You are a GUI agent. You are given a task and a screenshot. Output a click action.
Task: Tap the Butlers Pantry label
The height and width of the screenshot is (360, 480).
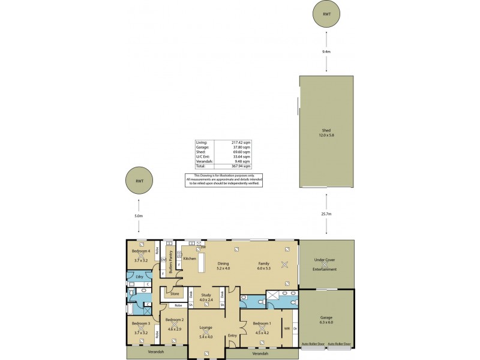(x=170, y=261)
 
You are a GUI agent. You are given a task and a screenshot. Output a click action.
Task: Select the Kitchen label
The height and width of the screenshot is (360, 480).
(x=190, y=259)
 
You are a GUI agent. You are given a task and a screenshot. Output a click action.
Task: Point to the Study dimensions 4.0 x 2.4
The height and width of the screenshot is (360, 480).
(x=206, y=300)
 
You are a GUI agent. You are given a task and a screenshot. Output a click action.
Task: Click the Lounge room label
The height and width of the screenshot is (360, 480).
(x=206, y=328)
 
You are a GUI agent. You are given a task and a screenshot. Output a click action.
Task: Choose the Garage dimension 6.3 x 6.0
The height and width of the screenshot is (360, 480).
(x=326, y=323)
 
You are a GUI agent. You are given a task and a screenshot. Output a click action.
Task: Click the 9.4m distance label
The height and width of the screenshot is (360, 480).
(x=326, y=52)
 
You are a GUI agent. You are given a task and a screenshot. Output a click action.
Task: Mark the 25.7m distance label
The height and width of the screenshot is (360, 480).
(x=326, y=214)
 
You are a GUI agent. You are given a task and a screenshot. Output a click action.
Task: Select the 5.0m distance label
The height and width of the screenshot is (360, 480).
(x=139, y=215)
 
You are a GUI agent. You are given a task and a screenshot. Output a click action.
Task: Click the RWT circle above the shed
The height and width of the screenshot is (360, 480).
(x=326, y=15)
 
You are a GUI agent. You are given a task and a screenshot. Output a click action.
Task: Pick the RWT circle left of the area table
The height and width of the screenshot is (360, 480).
(x=139, y=181)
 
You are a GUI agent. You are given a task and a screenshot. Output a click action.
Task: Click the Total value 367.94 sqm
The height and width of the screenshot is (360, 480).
(x=242, y=166)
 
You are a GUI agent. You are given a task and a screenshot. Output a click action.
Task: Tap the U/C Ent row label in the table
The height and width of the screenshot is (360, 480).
(x=203, y=157)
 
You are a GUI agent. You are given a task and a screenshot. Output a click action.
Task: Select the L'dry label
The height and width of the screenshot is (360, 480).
(x=139, y=276)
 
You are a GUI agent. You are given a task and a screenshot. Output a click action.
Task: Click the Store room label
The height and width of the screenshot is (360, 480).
(x=175, y=294)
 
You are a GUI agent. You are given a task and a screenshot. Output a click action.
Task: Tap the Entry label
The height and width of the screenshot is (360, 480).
(x=232, y=335)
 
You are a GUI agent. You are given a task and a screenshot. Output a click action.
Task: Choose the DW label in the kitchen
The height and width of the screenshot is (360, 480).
(x=203, y=247)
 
